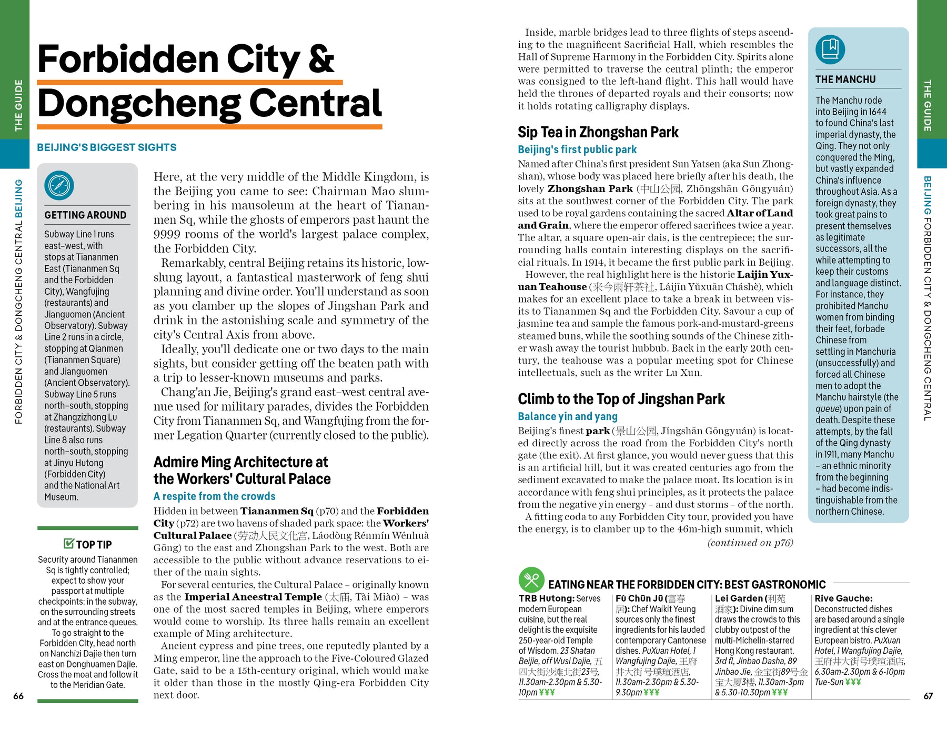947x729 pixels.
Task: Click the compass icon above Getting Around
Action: [x=59, y=186]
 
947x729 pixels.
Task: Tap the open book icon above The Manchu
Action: [x=830, y=49]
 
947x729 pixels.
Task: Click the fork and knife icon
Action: [x=531, y=580]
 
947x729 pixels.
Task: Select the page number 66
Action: [x=18, y=696]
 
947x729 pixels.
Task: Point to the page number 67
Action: [x=928, y=696]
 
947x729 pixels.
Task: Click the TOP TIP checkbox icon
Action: [x=68, y=543]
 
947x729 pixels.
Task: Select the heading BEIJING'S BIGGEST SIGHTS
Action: [x=107, y=147]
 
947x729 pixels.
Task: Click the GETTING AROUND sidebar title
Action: [x=85, y=215]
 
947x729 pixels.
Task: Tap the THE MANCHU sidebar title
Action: [x=845, y=79]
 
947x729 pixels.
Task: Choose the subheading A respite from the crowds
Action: [x=214, y=496]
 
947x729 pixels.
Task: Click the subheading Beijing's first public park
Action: [x=577, y=149]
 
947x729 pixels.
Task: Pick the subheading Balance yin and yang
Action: [x=568, y=416]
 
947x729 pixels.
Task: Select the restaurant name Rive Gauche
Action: [x=843, y=598]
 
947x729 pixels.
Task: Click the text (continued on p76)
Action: [x=750, y=543]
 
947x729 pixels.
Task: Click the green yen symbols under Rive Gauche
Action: [x=853, y=682]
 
